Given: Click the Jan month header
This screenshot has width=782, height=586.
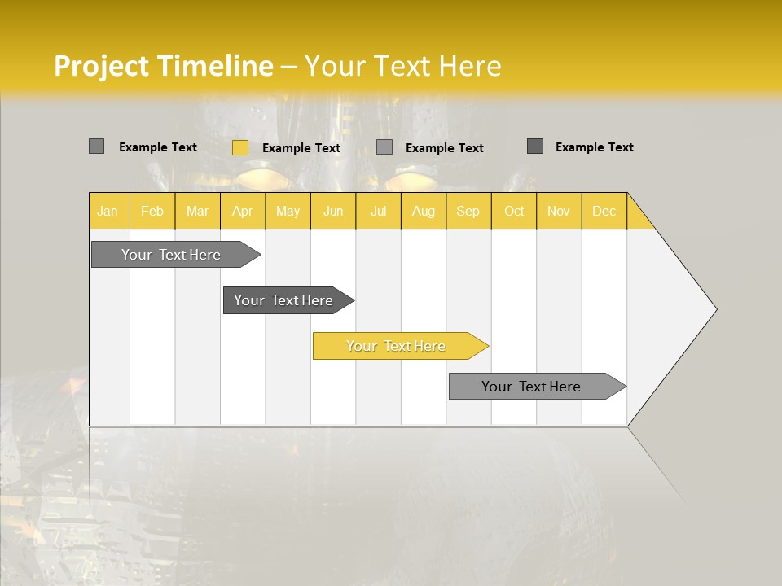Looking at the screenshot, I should point(108,211).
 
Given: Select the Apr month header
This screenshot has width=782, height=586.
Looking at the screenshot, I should point(243,211).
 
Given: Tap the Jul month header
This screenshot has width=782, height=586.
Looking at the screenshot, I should point(379,211).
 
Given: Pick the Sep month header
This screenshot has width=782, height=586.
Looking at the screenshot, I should point(468,211).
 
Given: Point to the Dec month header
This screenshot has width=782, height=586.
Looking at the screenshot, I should point(604,211).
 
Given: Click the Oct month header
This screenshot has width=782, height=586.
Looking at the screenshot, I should point(514,211).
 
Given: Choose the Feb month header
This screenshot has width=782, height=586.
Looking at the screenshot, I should point(152,211).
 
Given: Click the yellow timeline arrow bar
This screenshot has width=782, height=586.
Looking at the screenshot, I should point(399,346).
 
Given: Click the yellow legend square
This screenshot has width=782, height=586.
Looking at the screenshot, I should point(240,147).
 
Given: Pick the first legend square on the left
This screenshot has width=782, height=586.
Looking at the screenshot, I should point(96,146).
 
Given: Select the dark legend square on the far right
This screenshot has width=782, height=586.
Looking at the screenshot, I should point(535,146).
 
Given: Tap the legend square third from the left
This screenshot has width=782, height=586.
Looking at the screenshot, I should point(384,147).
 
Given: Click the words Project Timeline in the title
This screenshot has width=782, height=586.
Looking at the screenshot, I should point(163,66).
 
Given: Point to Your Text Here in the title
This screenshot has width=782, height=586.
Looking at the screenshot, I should point(402,66).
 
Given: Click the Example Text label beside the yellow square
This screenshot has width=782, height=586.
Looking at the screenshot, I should point(301,148).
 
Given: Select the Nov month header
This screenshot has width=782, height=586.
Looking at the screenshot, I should point(559,211).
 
